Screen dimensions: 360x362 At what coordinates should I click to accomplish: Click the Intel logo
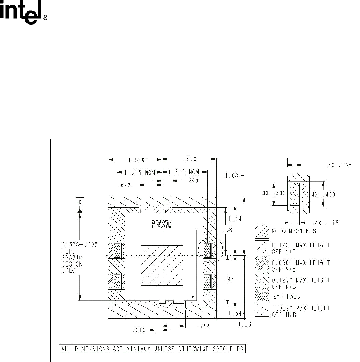(x=23, y=12)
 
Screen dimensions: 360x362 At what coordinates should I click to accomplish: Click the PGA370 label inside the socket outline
(x=161, y=224)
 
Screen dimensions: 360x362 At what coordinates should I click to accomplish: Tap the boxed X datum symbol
(x=80, y=202)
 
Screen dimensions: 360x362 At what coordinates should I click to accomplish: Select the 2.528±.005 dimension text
(x=80, y=245)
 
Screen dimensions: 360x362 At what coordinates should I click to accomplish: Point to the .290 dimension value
(x=192, y=181)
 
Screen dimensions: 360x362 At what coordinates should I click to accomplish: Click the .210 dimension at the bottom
(x=139, y=330)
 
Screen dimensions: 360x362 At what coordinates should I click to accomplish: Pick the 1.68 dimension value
(x=231, y=176)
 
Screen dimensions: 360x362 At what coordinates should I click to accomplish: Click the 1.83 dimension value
(x=244, y=324)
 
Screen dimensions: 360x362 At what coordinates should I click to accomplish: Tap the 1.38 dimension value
(x=226, y=230)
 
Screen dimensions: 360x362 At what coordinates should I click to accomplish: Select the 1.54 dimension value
(x=235, y=313)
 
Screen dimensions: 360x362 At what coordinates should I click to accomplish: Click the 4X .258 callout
(x=340, y=165)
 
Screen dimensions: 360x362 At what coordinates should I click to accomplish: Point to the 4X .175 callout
(x=327, y=223)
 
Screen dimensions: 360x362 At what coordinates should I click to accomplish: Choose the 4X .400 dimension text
(x=274, y=193)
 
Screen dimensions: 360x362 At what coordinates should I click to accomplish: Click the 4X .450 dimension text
(x=323, y=195)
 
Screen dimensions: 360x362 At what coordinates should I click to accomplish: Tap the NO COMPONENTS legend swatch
(x=262, y=232)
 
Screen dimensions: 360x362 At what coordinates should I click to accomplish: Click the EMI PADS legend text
(x=287, y=296)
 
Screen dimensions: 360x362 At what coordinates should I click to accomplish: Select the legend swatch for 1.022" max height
(x=262, y=310)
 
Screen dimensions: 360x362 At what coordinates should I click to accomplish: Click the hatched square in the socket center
(x=162, y=265)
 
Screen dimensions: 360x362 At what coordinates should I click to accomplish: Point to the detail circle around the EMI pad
(x=210, y=250)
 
